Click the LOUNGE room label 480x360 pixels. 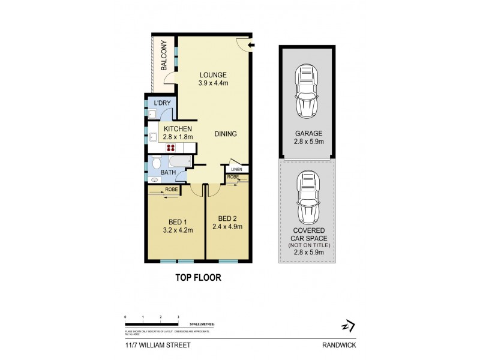(x=214, y=75)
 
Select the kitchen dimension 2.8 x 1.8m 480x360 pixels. (x=178, y=137)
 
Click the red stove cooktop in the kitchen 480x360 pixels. (x=170, y=149)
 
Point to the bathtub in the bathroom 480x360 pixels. (x=178, y=162)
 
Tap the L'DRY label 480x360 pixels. (x=163, y=104)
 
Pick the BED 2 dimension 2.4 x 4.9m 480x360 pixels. (x=228, y=227)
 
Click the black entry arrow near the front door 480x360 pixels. (x=251, y=45)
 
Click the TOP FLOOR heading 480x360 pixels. (x=197, y=278)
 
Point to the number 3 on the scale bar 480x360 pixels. (x=178, y=316)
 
